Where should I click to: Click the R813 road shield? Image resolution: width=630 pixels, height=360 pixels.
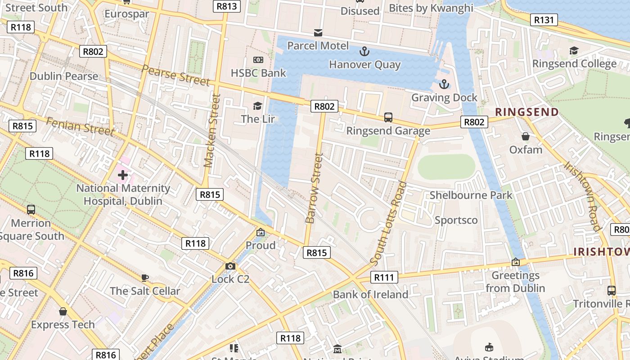point(226,6)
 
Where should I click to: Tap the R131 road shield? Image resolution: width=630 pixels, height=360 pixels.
point(544,20)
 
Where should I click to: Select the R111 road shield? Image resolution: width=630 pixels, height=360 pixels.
point(384,277)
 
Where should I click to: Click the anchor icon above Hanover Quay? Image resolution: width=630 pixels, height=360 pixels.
point(364,51)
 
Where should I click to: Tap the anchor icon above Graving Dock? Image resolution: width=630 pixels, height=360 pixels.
point(444,84)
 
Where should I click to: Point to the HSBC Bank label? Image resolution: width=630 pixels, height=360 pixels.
point(258,73)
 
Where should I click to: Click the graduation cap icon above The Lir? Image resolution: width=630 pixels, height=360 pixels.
point(257,106)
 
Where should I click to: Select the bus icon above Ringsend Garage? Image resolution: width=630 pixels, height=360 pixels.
point(388,117)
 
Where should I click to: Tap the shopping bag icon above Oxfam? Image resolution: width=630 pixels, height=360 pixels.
point(525,136)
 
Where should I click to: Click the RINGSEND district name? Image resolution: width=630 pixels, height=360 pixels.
point(527,112)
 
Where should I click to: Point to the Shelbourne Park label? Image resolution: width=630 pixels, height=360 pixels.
point(471,195)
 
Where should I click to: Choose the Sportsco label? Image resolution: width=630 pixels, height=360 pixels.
point(456,220)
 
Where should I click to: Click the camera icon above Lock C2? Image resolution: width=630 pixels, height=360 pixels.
point(230,266)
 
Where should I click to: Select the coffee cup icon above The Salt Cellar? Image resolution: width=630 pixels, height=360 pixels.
point(144,278)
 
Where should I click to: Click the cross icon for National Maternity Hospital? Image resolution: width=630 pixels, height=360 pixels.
point(122,175)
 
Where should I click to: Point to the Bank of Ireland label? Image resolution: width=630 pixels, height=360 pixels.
point(370,294)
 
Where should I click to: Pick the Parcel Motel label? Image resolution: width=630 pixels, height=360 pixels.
point(318,45)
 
